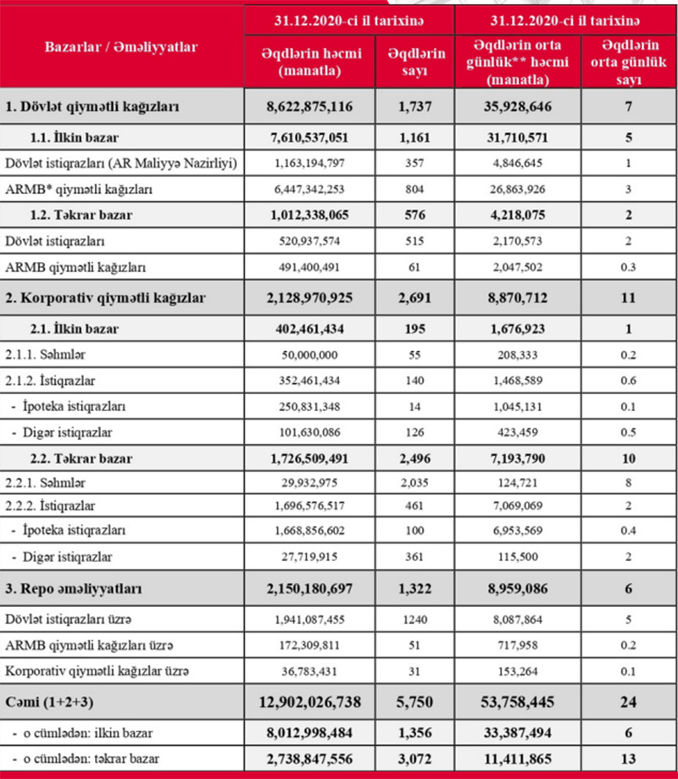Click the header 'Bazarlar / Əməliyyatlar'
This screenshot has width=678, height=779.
(x=120, y=47)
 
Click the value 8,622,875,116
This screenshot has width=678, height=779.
(x=308, y=108)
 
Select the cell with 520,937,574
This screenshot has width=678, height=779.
(x=308, y=242)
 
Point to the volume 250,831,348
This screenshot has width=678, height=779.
(x=308, y=406)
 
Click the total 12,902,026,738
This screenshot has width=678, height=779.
(x=308, y=703)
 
